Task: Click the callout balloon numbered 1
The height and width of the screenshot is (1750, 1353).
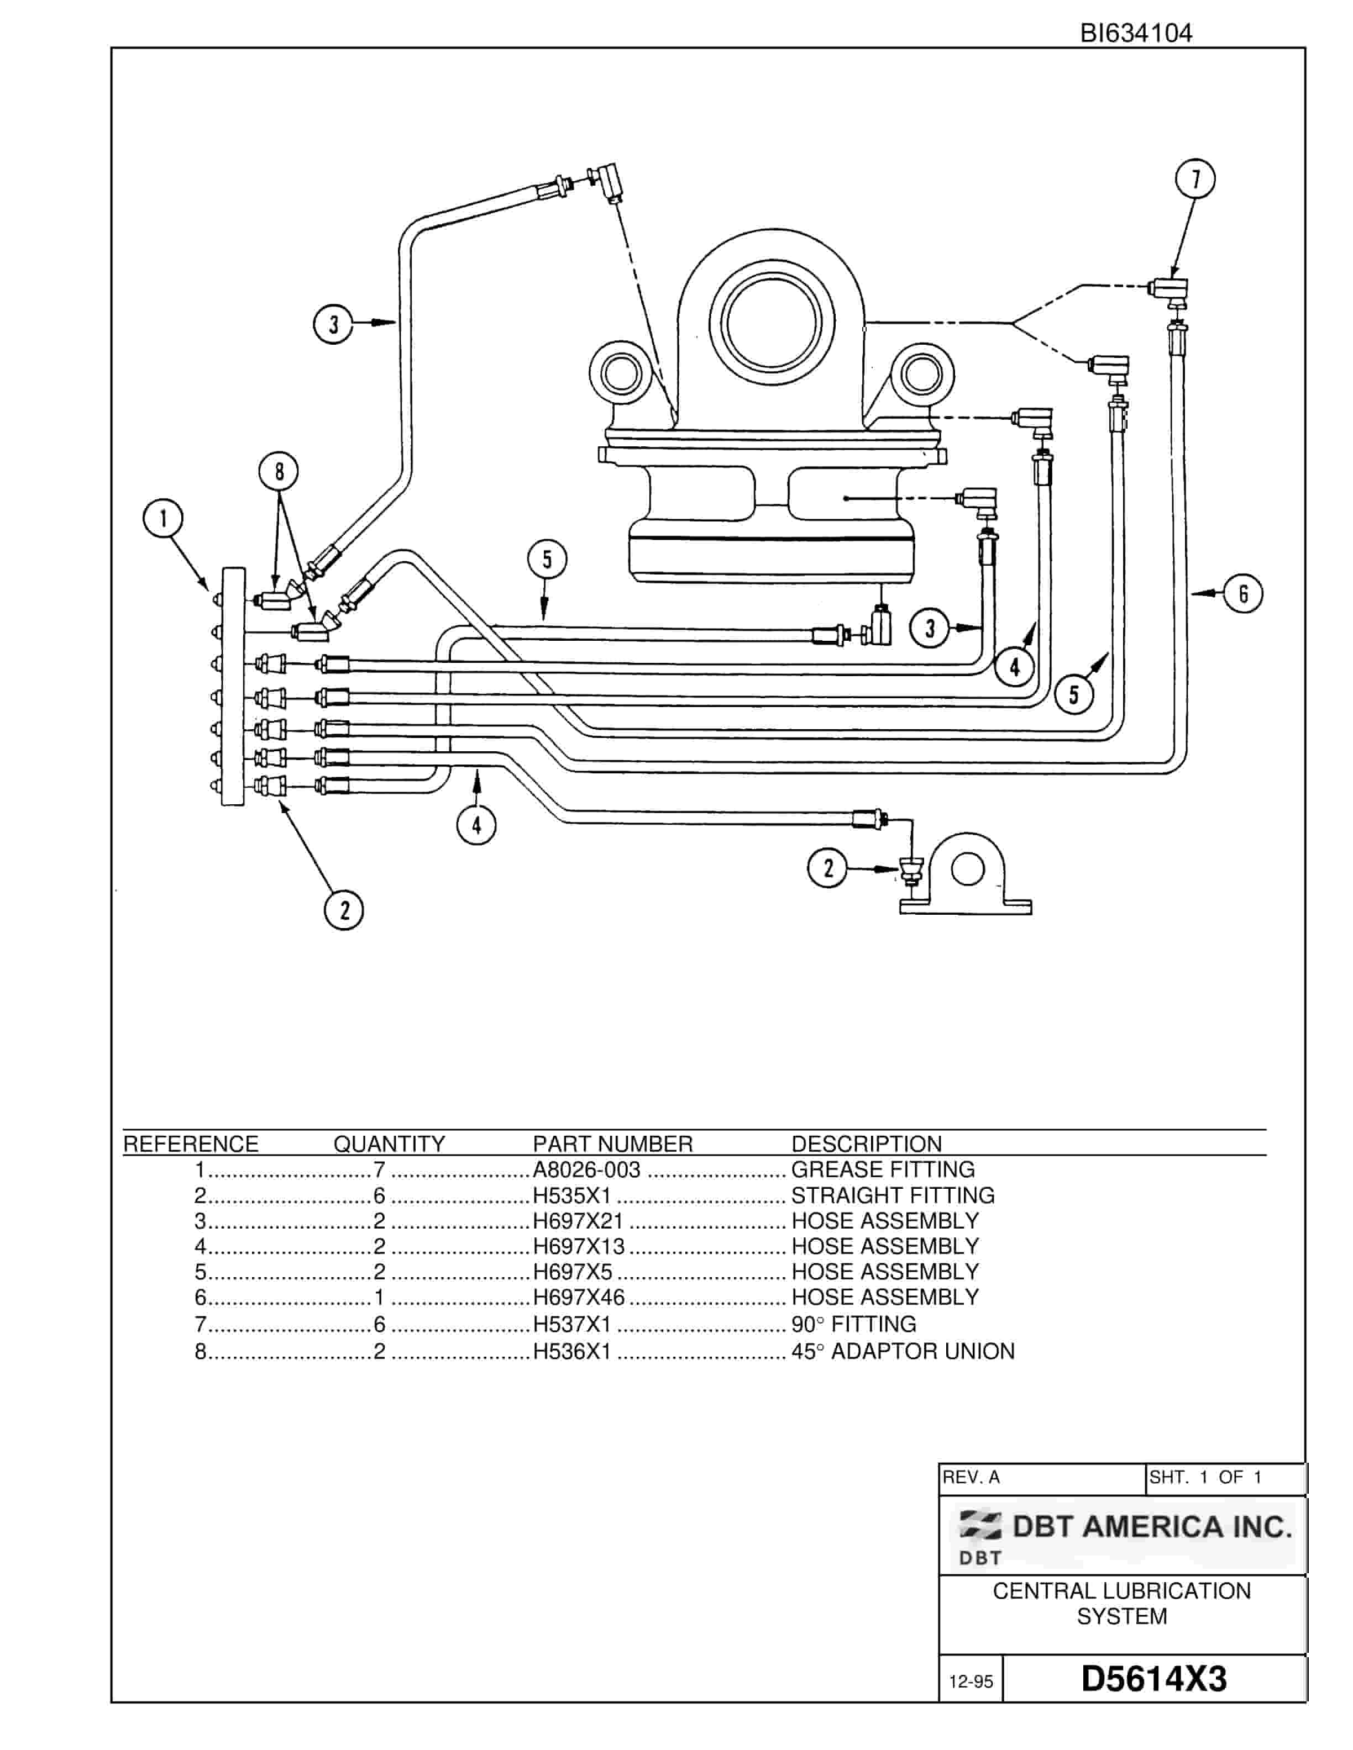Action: point(164,519)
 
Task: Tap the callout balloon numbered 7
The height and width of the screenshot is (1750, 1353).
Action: point(1195,178)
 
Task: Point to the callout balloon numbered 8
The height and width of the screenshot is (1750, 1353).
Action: point(279,471)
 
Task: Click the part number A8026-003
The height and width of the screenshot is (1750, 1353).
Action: point(587,1170)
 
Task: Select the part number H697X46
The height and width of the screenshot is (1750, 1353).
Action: point(579,1296)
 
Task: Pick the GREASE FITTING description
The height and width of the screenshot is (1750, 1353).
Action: point(883,1170)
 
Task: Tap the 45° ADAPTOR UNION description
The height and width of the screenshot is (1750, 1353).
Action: point(903,1351)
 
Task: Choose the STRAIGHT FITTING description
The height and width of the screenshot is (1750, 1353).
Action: point(893,1195)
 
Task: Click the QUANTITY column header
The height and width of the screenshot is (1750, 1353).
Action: point(390,1144)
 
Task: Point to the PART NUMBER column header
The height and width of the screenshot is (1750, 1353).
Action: point(613,1144)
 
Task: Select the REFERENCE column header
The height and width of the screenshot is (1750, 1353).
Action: point(191,1144)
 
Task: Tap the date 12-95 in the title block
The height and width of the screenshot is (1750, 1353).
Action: point(971,1681)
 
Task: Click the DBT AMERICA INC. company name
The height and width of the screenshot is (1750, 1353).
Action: point(1152,1526)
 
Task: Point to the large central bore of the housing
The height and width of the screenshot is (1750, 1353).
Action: point(772,324)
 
